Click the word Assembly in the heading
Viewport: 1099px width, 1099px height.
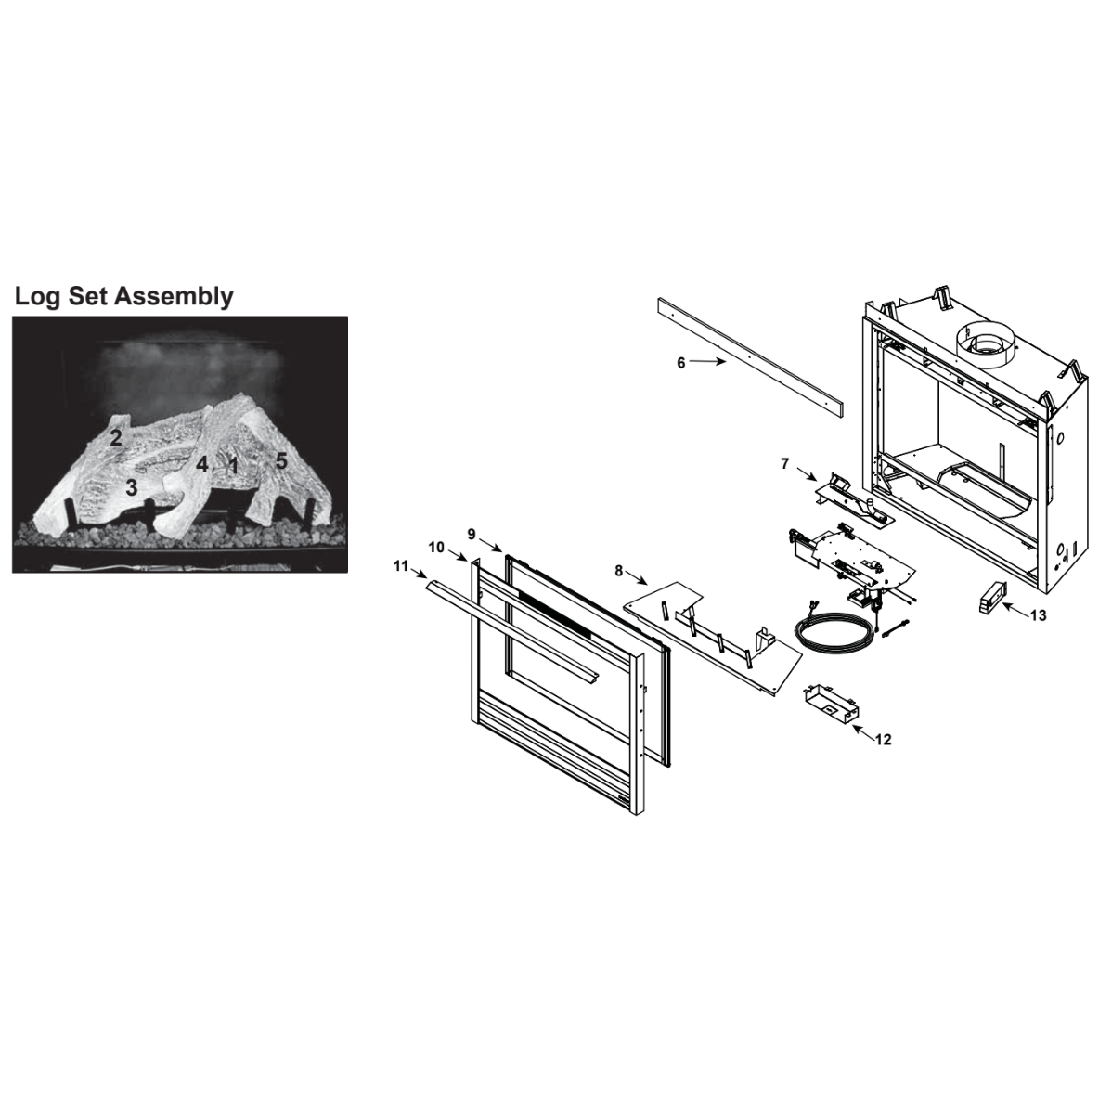tap(174, 297)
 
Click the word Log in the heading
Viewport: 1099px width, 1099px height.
tap(39, 297)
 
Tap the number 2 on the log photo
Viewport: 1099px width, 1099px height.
tap(116, 438)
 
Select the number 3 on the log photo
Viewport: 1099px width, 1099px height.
tap(131, 488)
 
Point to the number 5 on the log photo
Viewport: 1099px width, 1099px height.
tap(281, 461)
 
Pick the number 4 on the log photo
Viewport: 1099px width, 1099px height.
tap(201, 463)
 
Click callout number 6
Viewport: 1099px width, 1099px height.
tap(680, 363)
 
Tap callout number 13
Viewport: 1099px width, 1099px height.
tap(1038, 614)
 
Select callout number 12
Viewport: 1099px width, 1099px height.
tap(883, 740)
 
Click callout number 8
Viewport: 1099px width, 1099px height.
tap(618, 571)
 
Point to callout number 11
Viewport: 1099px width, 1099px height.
tap(401, 565)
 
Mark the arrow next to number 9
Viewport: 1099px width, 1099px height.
tap(490, 543)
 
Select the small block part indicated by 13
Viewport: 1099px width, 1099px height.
tap(992, 597)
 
